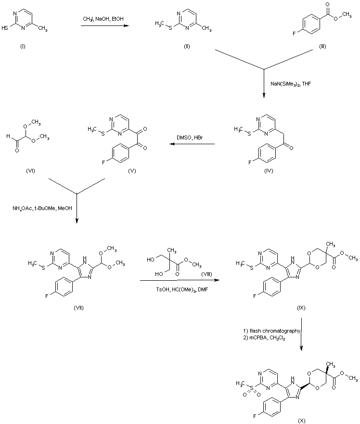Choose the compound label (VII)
tap(78, 308)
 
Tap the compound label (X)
tap(301, 421)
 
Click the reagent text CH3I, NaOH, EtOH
tap(103, 19)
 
